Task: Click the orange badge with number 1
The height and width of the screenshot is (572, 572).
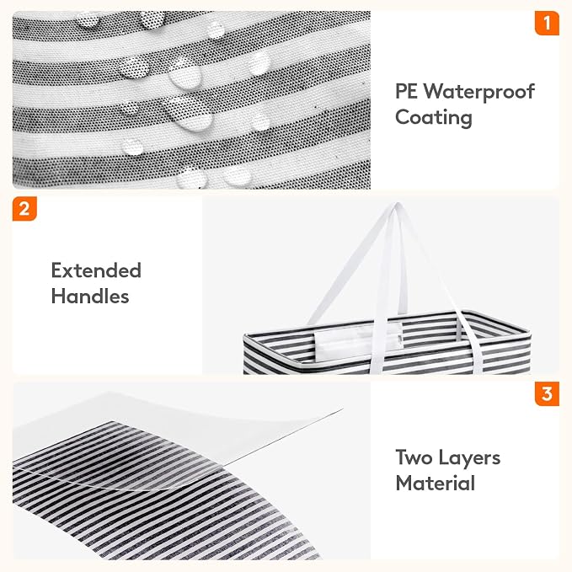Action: [547, 23]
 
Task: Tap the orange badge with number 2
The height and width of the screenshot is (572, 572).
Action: [24, 209]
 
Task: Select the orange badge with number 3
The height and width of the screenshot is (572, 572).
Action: [547, 393]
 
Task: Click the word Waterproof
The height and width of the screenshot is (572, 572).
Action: [479, 92]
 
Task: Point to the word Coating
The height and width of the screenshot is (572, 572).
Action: [434, 118]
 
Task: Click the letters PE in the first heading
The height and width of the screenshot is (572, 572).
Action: [406, 91]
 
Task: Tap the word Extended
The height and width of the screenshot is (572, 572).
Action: [96, 270]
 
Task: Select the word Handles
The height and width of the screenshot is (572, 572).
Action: [90, 296]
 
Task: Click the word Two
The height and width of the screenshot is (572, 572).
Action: [414, 457]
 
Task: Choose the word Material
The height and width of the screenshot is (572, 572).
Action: [436, 484]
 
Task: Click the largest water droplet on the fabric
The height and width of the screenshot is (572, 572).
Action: [188, 113]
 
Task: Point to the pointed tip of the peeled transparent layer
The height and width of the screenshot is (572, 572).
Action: [342, 409]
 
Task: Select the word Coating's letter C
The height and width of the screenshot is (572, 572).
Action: [404, 117]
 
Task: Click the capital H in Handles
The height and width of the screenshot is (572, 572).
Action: [57, 296]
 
